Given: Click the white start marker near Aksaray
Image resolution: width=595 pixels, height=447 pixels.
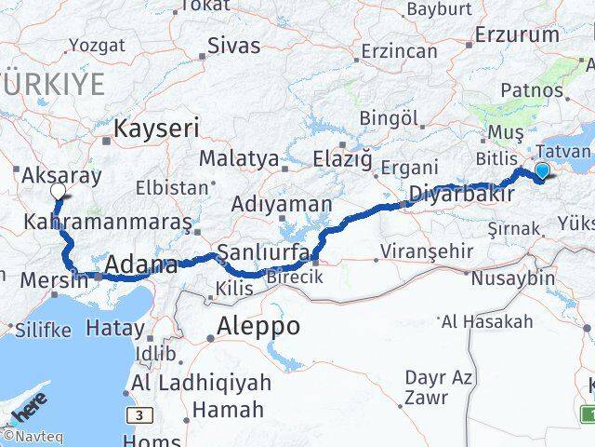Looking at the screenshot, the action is pyautogui.click(x=58, y=191).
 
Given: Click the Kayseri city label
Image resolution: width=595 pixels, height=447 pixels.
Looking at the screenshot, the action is pyautogui.click(x=156, y=129).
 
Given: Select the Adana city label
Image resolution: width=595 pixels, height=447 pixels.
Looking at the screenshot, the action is pyautogui.click(x=141, y=266).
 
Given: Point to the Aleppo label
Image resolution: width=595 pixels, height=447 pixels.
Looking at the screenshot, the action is pyautogui.click(x=258, y=327).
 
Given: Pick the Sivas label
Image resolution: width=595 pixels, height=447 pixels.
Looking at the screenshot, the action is pyautogui.click(x=234, y=46).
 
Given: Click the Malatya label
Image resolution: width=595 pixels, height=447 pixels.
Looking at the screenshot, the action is pyautogui.click(x=239, y=159).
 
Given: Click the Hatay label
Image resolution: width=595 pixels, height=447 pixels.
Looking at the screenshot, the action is pyautogui.click(x=115, y=328).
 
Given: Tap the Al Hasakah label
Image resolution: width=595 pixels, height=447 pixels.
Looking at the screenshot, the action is pyautogui.click(x=487, y=322).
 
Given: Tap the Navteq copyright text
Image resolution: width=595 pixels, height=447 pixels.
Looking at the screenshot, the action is pyautogui.click(x=27, y=435).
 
